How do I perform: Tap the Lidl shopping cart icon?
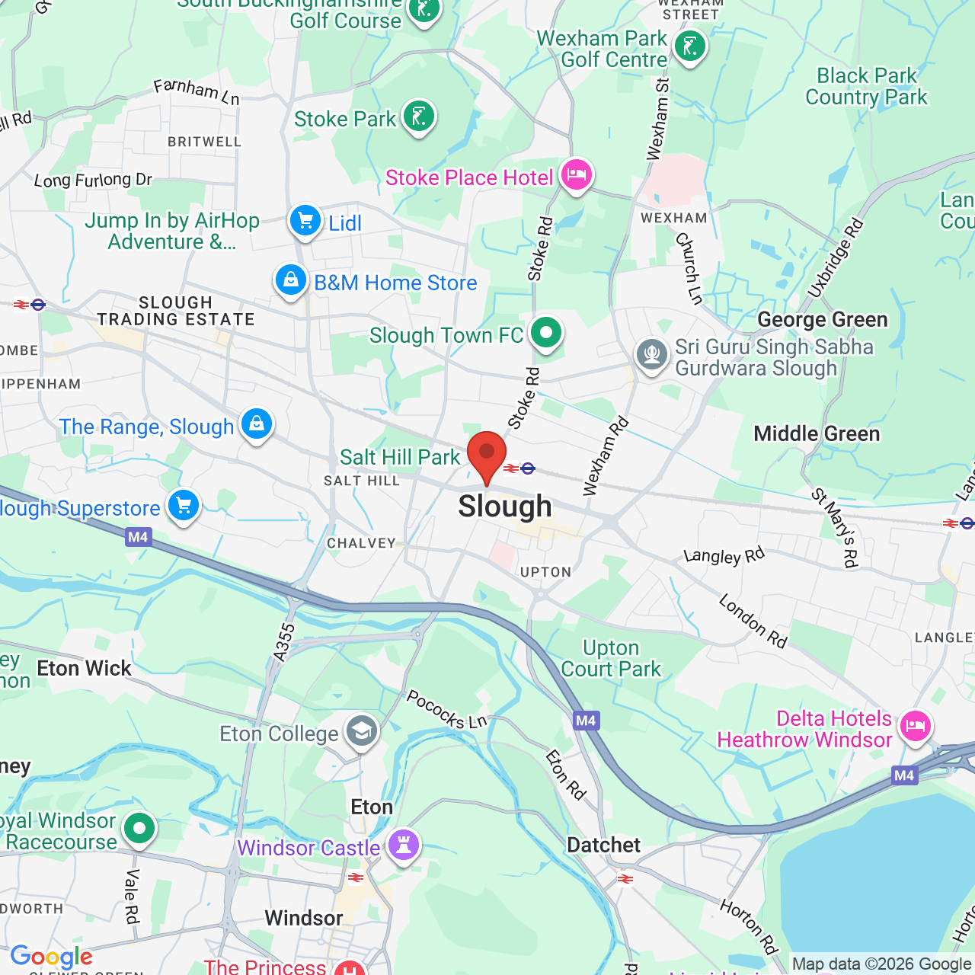[305, 221]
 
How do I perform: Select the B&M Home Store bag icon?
[291, 281]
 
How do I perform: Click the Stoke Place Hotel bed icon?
[577, 176]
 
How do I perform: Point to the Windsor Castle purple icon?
[404, 845]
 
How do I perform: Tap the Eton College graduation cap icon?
[361, 731]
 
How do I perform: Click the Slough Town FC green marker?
[545, 333]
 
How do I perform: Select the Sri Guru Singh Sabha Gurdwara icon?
[652, 354]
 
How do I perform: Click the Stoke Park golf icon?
[418, 117]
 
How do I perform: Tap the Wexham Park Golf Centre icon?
[690, 46]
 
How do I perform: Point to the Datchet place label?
[603, 846]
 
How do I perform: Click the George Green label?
[822, 320]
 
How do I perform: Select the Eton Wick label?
[84, 669]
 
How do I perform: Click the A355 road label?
[283, 642]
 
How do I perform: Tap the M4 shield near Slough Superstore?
[138, 537]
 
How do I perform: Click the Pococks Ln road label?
[446, 709]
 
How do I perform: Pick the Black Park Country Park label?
[866, 86]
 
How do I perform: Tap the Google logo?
[51, 957]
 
